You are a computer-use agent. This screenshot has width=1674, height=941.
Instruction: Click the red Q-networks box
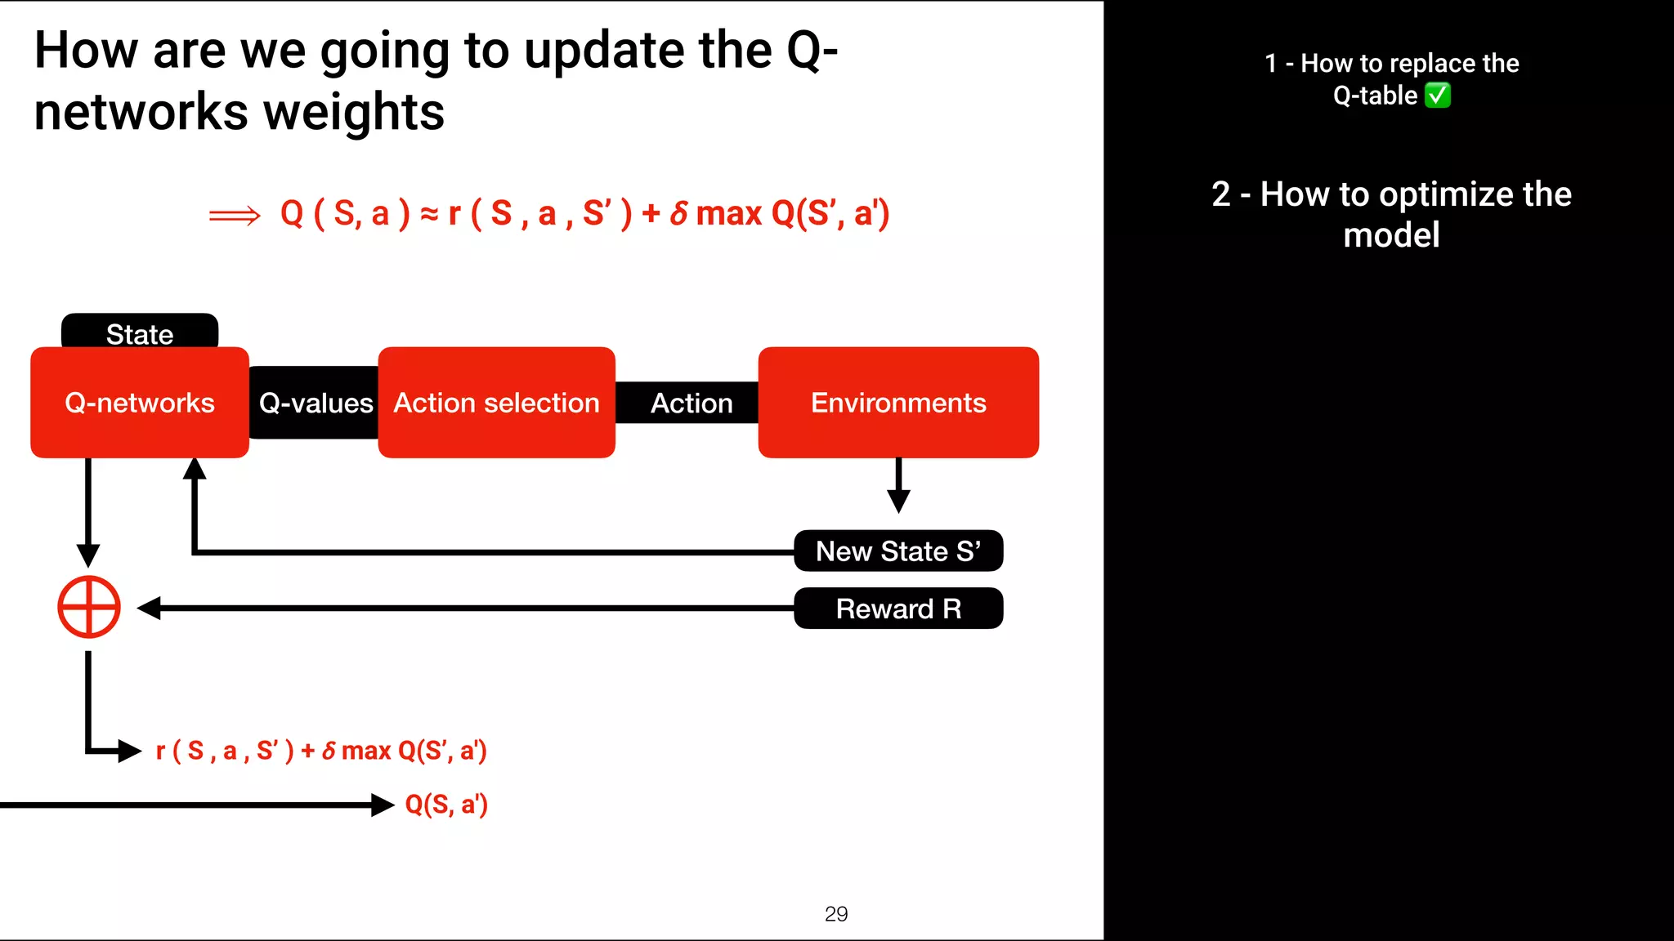[x=140, y=403]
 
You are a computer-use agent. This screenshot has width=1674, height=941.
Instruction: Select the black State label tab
[x=140, y=332]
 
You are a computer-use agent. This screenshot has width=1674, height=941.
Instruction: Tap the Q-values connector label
[x=316, y=403]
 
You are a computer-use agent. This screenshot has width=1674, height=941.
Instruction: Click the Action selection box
[x=496, y=403]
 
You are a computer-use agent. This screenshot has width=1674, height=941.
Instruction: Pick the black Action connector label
[x=691, y=403]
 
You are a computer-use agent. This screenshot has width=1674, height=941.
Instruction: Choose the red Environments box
[x=898, y=403]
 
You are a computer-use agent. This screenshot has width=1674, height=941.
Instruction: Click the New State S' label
[x=898, y=551]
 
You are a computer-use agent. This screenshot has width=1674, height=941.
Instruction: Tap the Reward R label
[x=898, y=609]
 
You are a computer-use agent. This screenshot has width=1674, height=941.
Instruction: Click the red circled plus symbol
[x=89, y=607]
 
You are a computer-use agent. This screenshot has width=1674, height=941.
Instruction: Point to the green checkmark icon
[x=1438, y=96]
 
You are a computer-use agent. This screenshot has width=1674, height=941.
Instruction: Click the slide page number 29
[x=836, y=914]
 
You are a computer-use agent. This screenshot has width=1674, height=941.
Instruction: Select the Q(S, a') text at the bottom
[x=446, y=805]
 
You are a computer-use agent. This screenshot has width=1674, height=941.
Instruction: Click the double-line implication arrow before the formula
[x=235, y=216]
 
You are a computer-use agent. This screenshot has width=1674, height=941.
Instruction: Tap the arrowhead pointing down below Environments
[x=898, y=501]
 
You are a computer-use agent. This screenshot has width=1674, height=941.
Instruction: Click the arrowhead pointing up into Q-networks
[x=195, y=469]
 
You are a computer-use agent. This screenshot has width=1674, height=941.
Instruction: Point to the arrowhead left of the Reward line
[x=149, y=608]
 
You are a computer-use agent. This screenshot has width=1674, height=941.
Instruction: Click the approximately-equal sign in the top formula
[x=429, y=214]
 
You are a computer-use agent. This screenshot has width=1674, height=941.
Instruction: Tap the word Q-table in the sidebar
[x=1375, y=96]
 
